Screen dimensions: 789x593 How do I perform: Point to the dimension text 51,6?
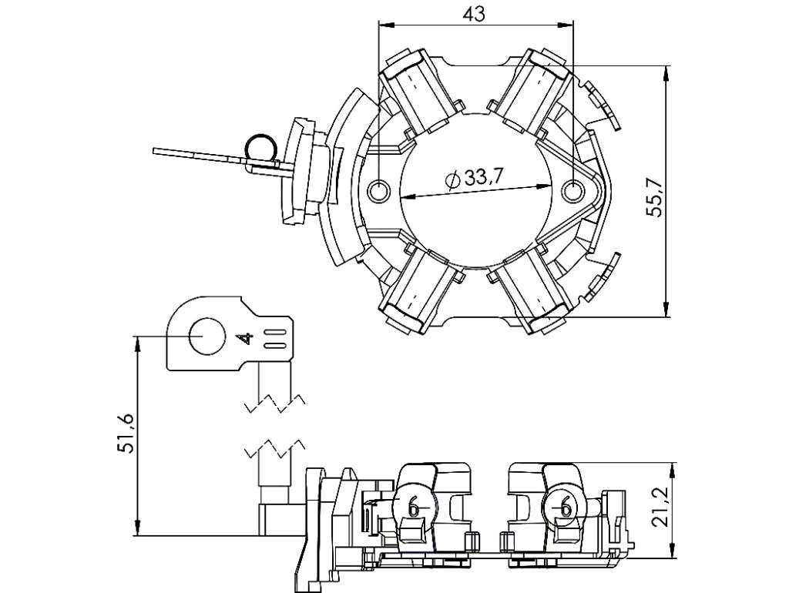click(126, 434)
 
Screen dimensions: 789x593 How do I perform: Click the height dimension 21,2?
click(660, 507)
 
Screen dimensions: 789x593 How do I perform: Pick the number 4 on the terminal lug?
click(246, 339)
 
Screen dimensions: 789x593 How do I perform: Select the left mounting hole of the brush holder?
click(378, 191)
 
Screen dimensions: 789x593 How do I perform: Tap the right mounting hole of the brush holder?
click(572, 191)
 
